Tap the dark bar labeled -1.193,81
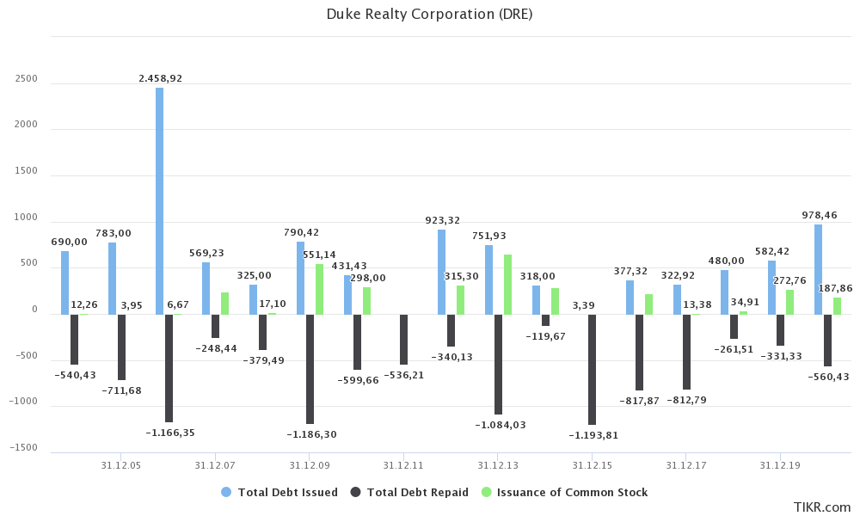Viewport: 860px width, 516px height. pyautogui.click(x=592, y=369)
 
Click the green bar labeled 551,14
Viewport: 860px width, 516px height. pyautogui.click(x=319, y=289)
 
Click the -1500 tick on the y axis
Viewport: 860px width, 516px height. pyautogui.click(x=25, y=448)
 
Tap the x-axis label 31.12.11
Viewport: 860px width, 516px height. pyautogui.click(x=402, y=465)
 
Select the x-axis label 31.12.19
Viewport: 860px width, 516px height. pyautogui.click(x=779, y=465)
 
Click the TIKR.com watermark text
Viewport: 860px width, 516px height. pyautogui.click(x=823, y=507)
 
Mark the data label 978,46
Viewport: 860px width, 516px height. pyautogui.click(x=819, y=215)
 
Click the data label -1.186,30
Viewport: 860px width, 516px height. pyautogui.click(x=310, y=434)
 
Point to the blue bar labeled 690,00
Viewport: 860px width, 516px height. pyautogui.click(x=64, y=282)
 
